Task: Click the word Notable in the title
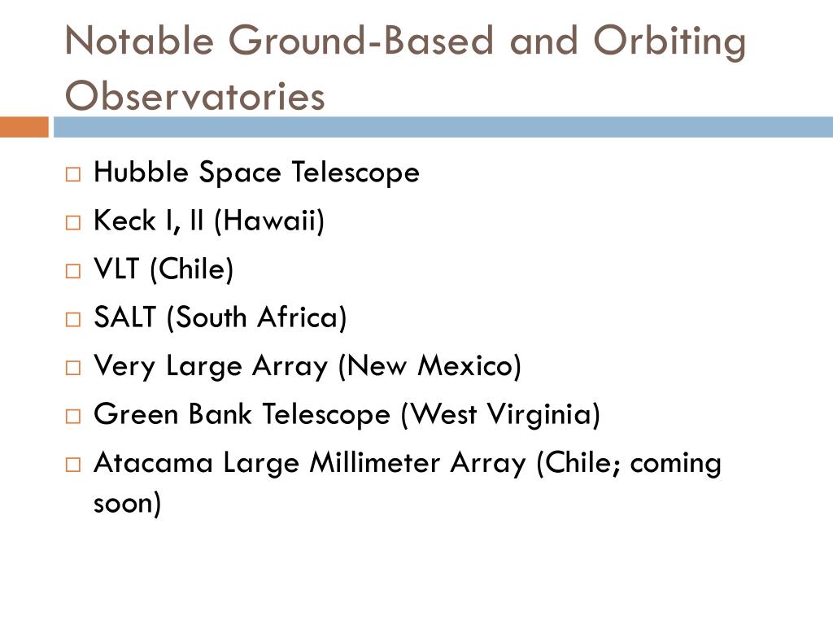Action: (x=139, y=41)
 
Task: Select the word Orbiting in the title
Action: (x=670, y=42)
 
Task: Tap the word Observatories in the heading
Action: (x=194, y=96)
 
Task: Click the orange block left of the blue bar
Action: (x=24, y=127)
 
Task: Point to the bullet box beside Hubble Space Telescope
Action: (x=72, y=174)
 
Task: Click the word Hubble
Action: (x=141, y=172)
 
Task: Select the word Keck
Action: (x=124, y=220)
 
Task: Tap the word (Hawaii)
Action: (x=268, y=221)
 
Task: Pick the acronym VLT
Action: (x=116, y=269)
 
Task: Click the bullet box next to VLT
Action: (x=72, y=270)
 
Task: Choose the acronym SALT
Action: (x=124, y=317)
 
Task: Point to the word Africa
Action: (x=302, y=317)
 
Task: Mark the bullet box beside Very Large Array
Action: (x=72, y=367)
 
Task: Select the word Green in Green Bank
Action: (x=136, y=413)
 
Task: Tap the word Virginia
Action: (x=544, y=414)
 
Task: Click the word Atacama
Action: (x=154, y=462)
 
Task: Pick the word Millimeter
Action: (x=375, y=462)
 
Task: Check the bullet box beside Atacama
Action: (x=72, y=465)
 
